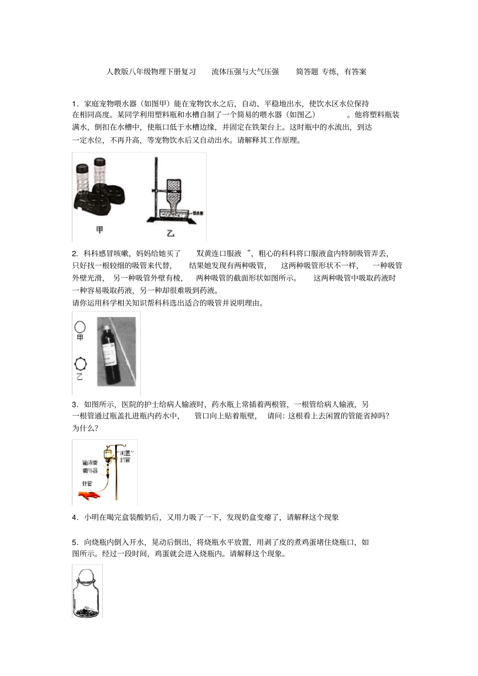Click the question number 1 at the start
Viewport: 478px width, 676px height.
tap(74, 104)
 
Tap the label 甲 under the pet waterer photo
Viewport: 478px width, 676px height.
tap(100, 230)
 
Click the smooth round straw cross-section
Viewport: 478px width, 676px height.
tap(79, 327)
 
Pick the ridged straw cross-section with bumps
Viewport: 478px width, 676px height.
tap(79, 363)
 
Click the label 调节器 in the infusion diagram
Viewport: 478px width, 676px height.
tap(90, 471)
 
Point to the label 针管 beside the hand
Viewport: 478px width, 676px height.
tap(88, 484)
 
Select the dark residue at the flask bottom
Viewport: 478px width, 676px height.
tap(87, 611)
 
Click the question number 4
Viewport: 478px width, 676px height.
tap(74, 517)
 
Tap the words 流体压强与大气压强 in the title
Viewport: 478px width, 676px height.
tap(245, 72)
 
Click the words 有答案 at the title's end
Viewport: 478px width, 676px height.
tap(355, 72)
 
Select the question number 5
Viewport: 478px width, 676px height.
tap(74, 542)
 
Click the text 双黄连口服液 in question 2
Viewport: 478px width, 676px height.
tap(219, 253)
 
